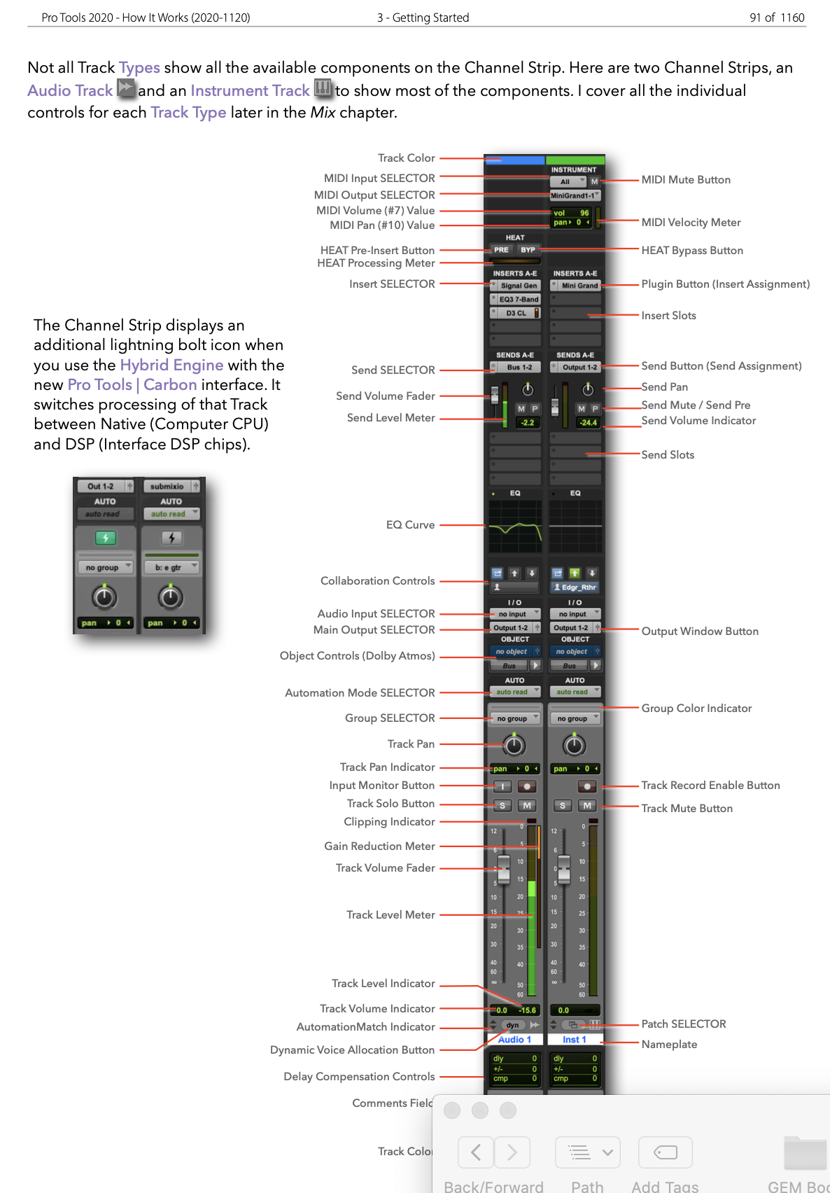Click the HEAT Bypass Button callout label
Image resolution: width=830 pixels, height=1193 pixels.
click(x=691, y=251)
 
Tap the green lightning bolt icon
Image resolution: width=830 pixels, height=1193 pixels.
click(x=105, y=538)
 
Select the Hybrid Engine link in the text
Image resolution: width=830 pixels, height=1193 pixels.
click(x=171, y=365)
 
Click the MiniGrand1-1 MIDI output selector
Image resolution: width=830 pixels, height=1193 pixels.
click(x=574, y=195)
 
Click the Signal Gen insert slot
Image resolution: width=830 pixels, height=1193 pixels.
click(x=518, y=286)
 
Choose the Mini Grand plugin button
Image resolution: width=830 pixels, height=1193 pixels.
click(x=579, y=286)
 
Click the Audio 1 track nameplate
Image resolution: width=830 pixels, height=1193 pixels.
click(x=514, y=1040)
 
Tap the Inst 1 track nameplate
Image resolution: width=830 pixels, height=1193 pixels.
click(x=574, y=1040)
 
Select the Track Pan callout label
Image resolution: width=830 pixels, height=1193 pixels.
click(x=411, y=744)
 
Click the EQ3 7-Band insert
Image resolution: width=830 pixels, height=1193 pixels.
click(x=518, y=299)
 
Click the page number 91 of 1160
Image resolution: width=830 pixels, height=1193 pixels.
click(x=776, y=18)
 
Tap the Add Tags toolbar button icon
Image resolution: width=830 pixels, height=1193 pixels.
click(x=665, y=1152)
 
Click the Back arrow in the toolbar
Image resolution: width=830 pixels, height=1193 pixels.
click(x=476, y=1152)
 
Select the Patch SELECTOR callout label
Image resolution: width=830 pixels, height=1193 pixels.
click(x=683, y=1024)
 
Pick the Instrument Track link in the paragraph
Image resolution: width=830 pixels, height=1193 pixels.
click(x=250, y=90)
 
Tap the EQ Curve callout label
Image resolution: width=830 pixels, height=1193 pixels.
click(x=410, y=524)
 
